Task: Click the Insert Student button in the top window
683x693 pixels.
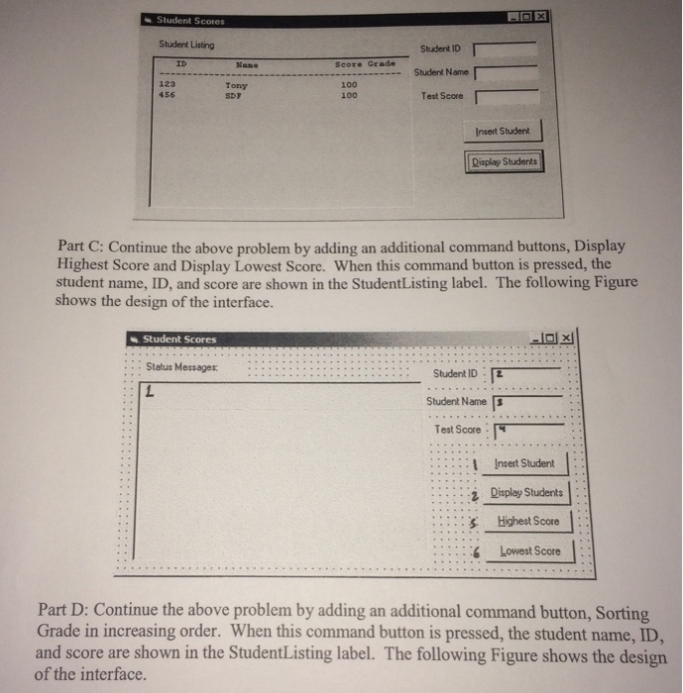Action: tap(503, 131)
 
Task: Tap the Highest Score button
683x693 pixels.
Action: tap(529, 521)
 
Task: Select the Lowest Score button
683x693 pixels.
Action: tap(529, 550)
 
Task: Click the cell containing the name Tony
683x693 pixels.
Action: tap(236, 85)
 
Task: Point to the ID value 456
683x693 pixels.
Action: tap(168, 93)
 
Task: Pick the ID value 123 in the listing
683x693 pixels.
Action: tap(168, 84)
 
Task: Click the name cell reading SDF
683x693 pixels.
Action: tap(235, 94)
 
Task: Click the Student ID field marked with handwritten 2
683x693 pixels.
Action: tap(534, 373)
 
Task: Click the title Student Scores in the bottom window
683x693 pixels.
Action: tap(179, 340)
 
